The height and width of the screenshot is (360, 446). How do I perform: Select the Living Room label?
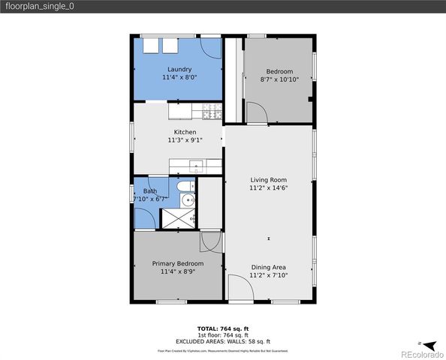[x=268, y=180]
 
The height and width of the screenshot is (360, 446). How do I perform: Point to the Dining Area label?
[x=268, y=267]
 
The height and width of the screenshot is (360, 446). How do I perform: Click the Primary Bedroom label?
[x=177, y=263]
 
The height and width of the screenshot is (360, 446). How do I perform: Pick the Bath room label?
[x=150, y=191]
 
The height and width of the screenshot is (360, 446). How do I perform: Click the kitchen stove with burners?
[x=209, y=112]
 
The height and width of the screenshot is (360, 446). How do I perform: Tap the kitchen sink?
[x=195, y=166]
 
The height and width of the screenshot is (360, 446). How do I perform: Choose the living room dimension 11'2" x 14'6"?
[x=268, y=189]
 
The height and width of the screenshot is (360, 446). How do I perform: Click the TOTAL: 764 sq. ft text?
[x=223, y=328]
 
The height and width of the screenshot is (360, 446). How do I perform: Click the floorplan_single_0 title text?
[x=40, y=6]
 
